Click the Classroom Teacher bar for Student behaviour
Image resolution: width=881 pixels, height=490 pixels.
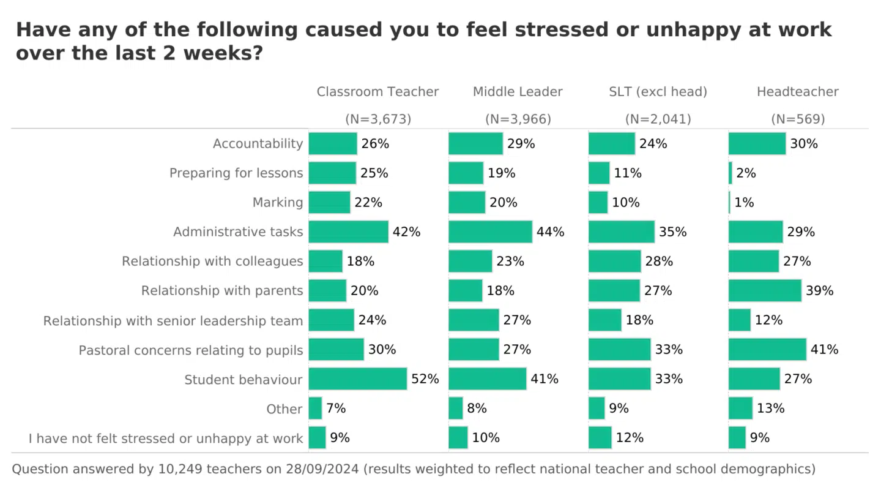click(357, 379)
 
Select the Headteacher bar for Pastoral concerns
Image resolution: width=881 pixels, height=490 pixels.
click(767, 349)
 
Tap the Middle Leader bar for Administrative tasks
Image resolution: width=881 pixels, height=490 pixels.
click(490, 232)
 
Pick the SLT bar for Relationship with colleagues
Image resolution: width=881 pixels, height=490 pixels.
click(614, 261)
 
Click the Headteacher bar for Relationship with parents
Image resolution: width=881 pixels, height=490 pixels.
click(765, 290)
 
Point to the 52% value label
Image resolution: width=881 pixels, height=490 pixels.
click(425, 379)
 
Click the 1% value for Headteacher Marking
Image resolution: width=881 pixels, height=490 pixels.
click(744, 202)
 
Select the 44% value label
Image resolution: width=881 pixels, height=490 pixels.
click(550, 232)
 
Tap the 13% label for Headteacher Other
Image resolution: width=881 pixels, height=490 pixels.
click(770, 408)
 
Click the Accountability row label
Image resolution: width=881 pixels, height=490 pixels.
click(258, 143)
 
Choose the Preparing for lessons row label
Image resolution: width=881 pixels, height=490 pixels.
click(236, 173)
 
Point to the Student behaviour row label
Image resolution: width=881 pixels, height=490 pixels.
click(243, 380)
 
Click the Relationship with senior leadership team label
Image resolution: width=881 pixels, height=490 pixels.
click(173, 320)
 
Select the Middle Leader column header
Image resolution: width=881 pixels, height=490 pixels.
click(518, 92)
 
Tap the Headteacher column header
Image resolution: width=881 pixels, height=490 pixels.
click(797, 92)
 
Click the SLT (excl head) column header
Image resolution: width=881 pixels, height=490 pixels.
click(658, 92)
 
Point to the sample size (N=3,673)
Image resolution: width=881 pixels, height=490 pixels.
click(378, 119)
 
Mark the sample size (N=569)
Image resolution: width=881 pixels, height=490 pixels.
click(798, 119)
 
